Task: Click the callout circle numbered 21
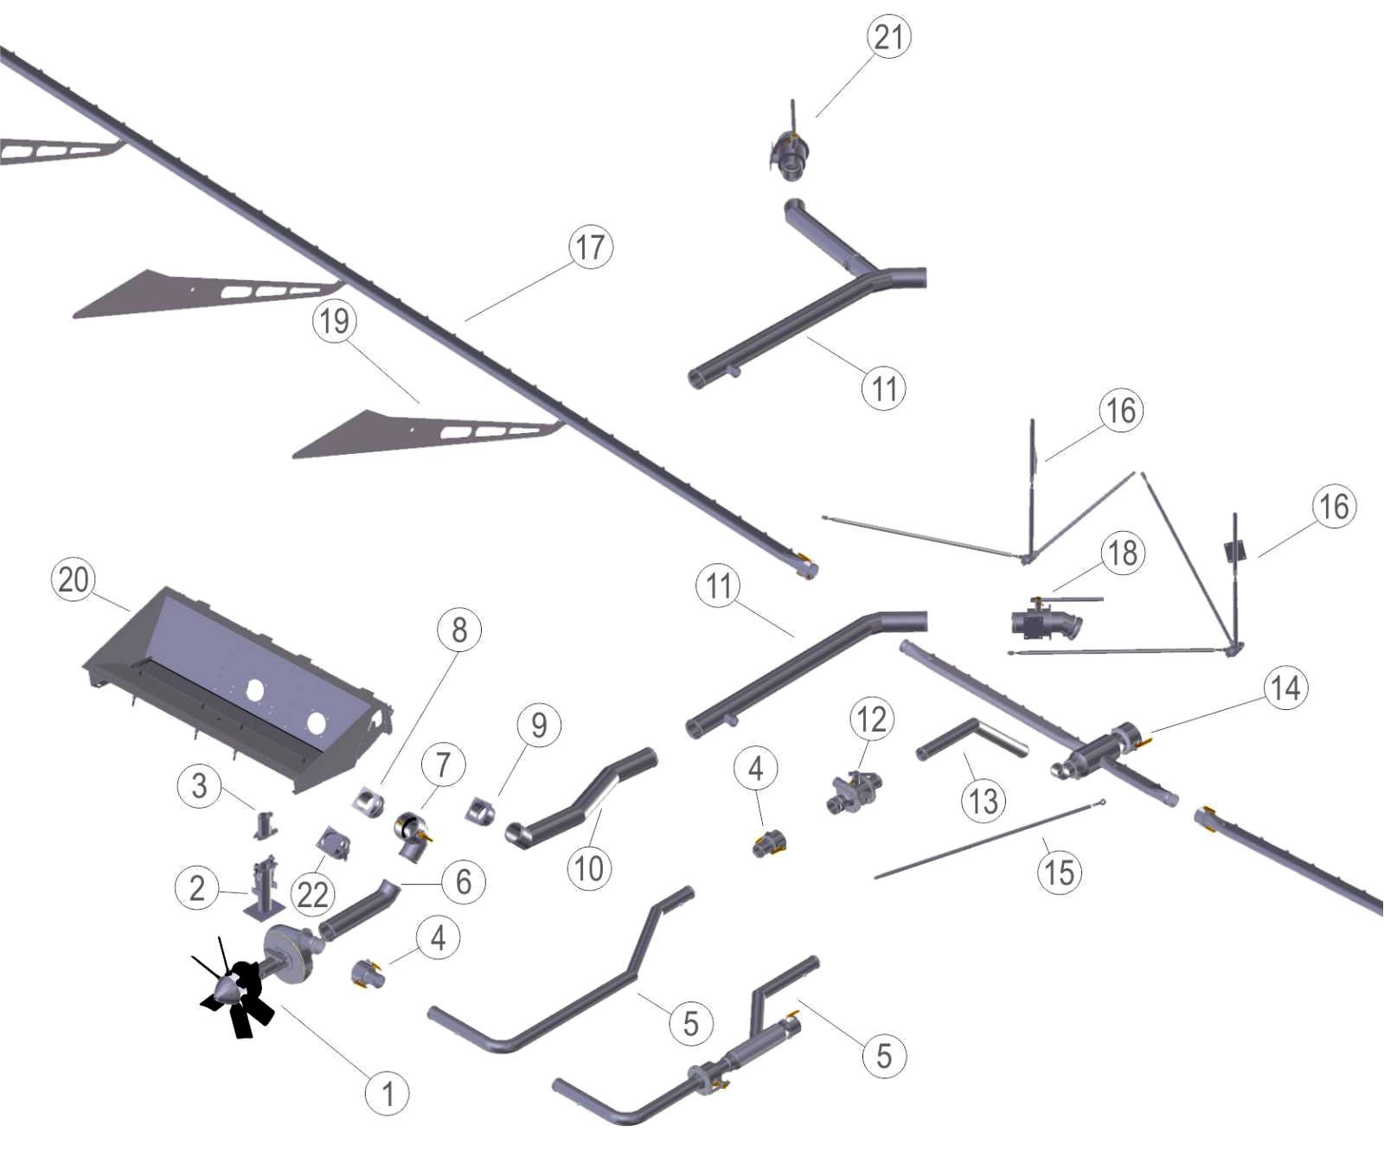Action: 888,37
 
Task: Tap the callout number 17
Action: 590,247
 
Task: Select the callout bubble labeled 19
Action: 335,322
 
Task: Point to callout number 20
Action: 74,579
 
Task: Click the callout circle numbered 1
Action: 387,1094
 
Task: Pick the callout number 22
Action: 312,894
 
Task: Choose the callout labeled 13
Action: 984,801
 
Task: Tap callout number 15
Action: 1060,872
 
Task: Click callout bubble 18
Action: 1123,553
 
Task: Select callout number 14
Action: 1285,688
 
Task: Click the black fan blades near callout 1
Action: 238,995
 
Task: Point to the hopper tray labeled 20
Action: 242,683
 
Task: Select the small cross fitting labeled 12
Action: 854,787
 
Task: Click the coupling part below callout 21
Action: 791,156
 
